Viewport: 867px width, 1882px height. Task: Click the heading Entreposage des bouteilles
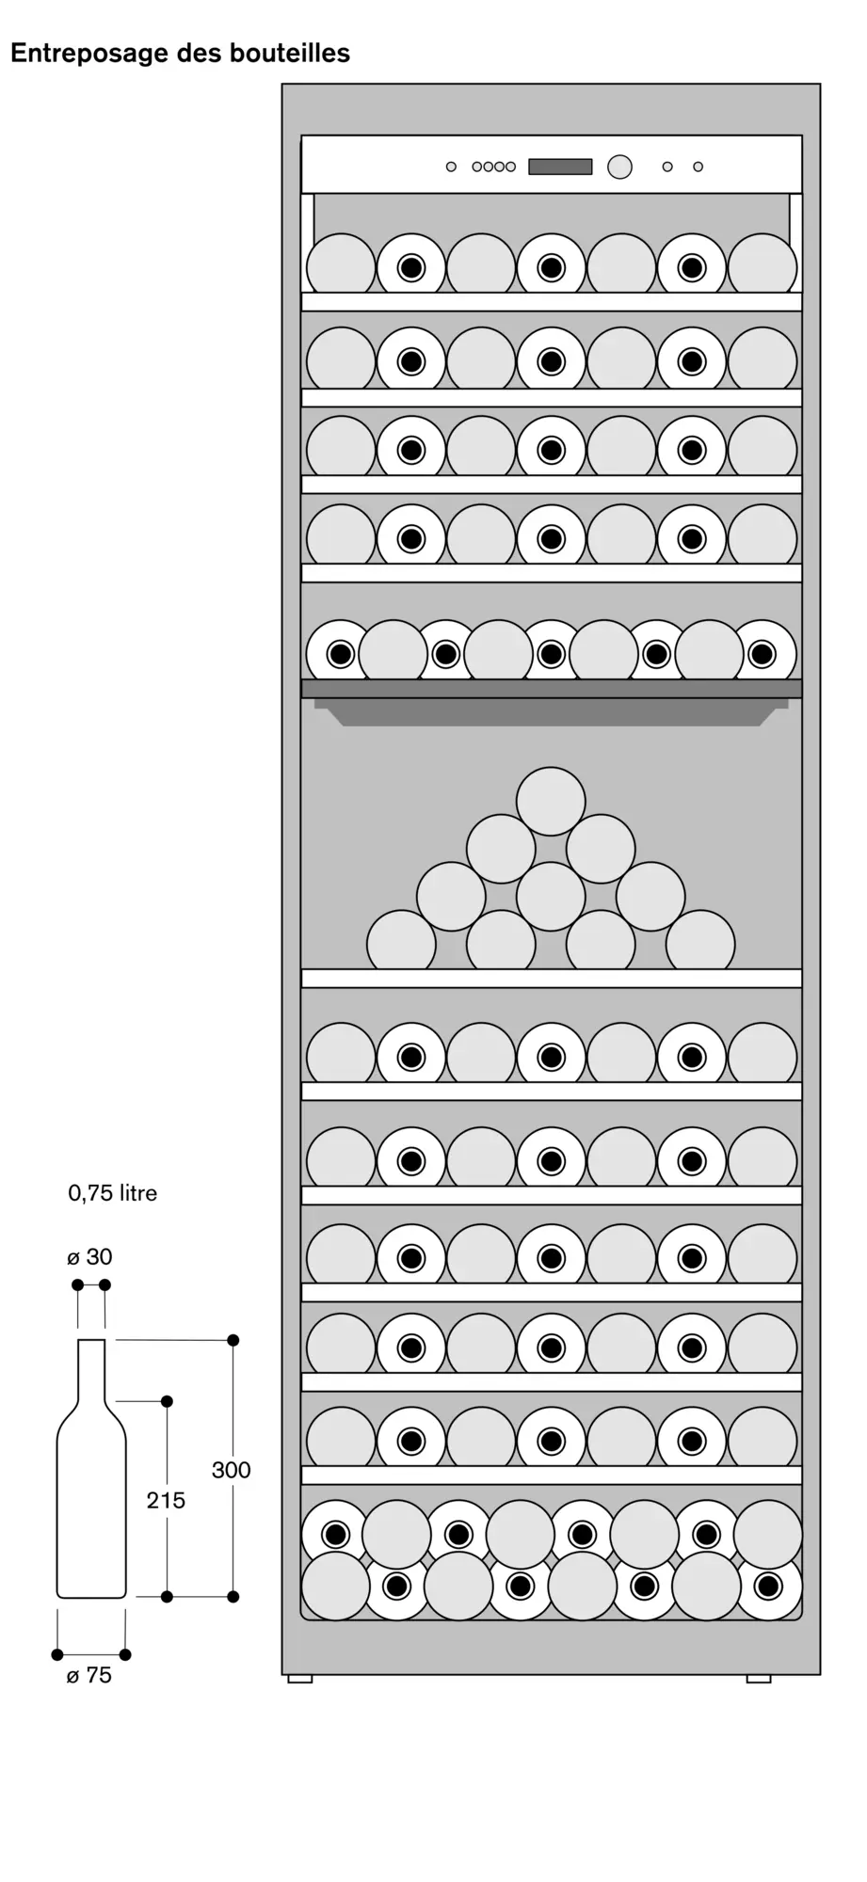coord(180,54)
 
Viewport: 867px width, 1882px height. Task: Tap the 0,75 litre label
coord(112,1193)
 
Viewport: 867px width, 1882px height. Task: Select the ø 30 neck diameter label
coord(89,1257)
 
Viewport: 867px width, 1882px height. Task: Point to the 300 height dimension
coord(231,1470)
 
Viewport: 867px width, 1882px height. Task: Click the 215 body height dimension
coord(166,1500)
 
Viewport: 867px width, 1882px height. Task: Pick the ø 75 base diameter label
coord(89,1676)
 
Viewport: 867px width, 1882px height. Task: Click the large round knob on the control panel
coord(619,167)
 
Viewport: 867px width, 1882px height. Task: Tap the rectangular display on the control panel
coord(560,167)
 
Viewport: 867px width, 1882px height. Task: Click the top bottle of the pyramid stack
coord(551,801)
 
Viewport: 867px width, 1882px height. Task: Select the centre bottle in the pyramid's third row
coord(551,896)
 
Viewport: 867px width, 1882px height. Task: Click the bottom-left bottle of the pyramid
coord(401,940)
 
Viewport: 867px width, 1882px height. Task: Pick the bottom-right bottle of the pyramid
coord(700,940)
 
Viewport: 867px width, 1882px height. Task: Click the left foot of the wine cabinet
coord(300,1679)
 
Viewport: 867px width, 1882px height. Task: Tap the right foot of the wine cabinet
coord(759,1679)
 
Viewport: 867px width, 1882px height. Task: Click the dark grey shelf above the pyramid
coord(552,689)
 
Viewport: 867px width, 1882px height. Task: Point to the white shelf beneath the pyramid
coord(552,979)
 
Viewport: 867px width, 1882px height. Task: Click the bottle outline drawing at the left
coord(91,1468)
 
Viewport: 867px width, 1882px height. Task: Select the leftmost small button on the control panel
coord(451,167)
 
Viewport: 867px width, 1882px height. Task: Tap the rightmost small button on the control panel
coord(698,167)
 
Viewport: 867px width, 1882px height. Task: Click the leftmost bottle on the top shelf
coord(341,265)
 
